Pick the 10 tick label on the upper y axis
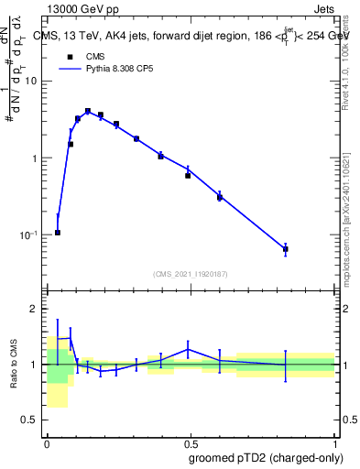tap(32, 81)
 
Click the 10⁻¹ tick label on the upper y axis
tap(29, 234)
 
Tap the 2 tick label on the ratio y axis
tap(36, 309)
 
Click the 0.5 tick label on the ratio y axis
tap(30, 420)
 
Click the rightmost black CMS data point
tap(286, 249)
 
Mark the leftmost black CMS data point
tap(58, 233)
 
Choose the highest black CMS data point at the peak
tap(88, 112)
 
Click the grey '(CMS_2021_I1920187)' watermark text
tap(191, 274)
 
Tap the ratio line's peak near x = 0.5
tap(188, 349)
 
